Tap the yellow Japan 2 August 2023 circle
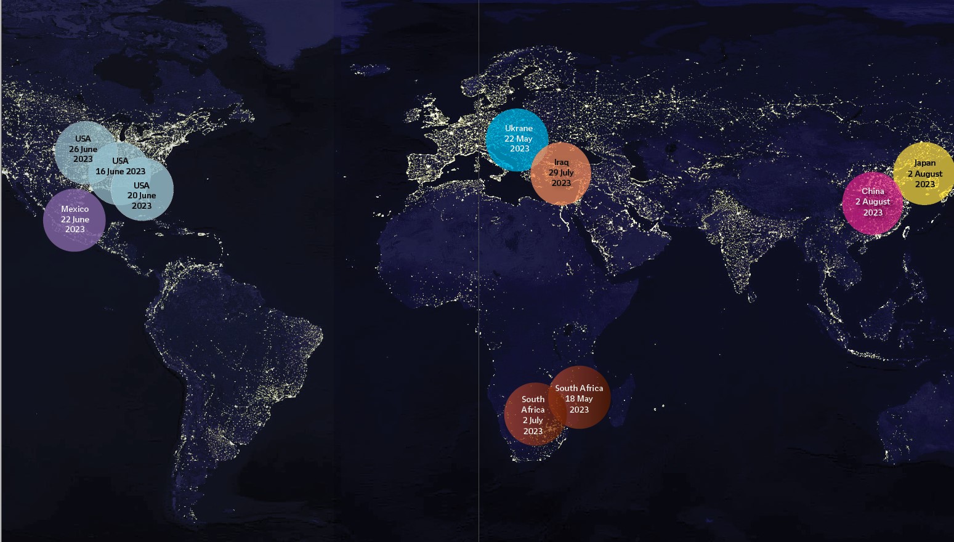[x=924, y=173]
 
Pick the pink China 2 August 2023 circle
[x=872, y=203]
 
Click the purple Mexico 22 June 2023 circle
[x=75, y=220]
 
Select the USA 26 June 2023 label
[x=83, y=149]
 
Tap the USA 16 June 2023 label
[x=120, y=166]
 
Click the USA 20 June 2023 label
[x=142, y=195]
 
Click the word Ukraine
[x=519, y=128]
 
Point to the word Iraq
[x=561, y=163]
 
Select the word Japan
[x=924, y=163]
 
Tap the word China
[x=873, y=192]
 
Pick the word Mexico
[x=75, y=209]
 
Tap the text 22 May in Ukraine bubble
[x=519, y=139]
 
